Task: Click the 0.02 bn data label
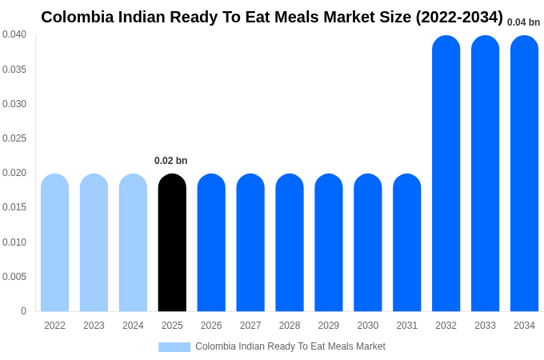[171, 161]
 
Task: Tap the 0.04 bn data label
[523, 22]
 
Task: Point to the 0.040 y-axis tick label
[14, 34]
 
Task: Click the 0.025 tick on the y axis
[14, 138]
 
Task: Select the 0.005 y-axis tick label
[14, 277]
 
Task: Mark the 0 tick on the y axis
[23, 311]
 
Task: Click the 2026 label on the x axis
[211, 326]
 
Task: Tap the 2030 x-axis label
[368, 326]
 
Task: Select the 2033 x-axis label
[485, 326]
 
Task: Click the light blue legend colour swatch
[174, 347]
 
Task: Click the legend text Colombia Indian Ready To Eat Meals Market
[290, 346]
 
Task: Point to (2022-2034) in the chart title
[459, 17]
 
